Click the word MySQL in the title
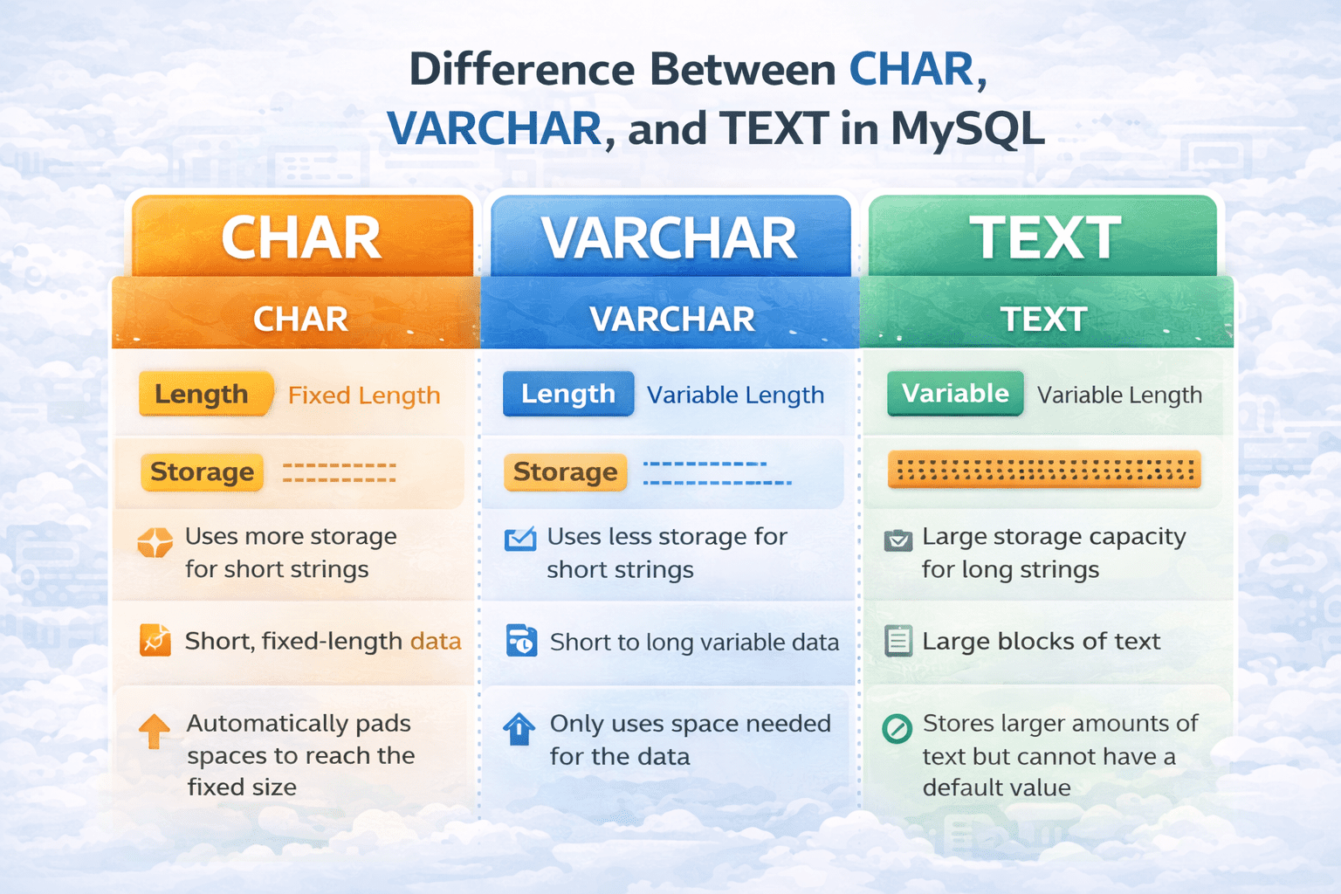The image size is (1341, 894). [x=968, y=128]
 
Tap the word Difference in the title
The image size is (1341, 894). [x=521, y=70]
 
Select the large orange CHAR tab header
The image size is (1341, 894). [x=302, y=237]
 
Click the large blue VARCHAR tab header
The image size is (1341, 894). [x=670, y=237]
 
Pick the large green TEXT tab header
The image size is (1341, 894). [x=1043, y=237]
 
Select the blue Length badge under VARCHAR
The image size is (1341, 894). [x=568, y=394]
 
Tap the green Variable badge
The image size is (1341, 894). [x=955, y=394]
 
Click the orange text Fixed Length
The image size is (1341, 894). [x=364, y=395]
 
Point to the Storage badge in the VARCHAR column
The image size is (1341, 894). [x=565, y=471]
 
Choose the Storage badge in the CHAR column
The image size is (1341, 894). [x=203, y=471]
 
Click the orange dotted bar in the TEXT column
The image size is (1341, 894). [x=1045, y=470]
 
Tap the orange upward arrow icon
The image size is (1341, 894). [x=155, y=731]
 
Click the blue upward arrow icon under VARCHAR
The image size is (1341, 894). [x=519, y=729]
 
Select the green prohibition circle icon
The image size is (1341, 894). [x=897, y=729]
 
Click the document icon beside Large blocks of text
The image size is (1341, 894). [x=898, y=641]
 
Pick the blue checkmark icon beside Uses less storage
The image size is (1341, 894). [x=519, y=539]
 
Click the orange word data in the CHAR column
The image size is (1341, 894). [x=436, y=642]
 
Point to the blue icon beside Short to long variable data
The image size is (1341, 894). [x=521, y=641]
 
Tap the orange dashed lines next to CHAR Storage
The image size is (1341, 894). [x=339, y=472]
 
